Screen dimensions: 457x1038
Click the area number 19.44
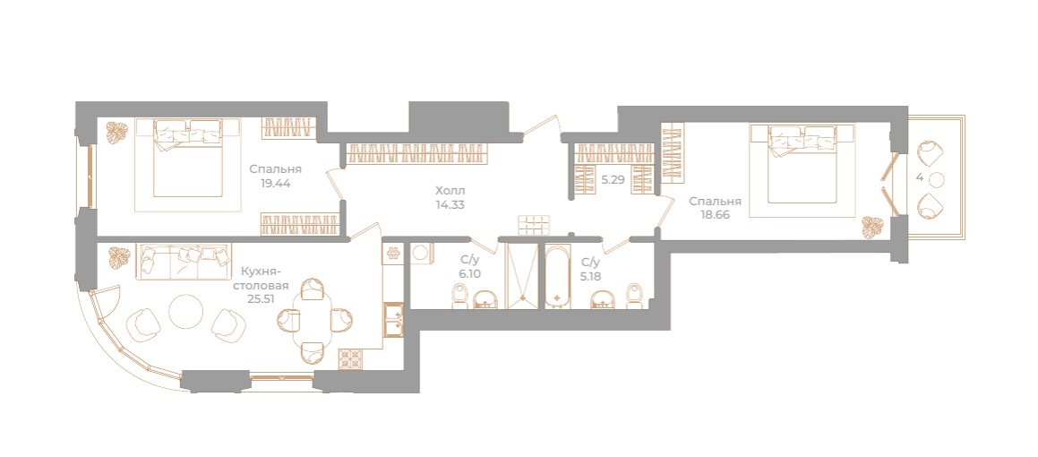click(x=275, y=183)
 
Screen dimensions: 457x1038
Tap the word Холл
click(x=450, y=190)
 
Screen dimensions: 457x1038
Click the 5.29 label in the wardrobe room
click(x=613, y=179)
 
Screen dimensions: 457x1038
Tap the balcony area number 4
click(x=920, y=177)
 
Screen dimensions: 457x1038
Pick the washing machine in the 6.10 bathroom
click(x=419, y=254)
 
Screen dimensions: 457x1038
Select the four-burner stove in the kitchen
click(x=349, y=358)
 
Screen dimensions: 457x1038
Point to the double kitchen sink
click(x=393, y=319)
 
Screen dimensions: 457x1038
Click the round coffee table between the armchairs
click(x=187, y=312)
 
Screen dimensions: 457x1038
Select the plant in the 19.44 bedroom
click(x=115, y=133)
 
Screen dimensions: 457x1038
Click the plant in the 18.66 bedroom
click(x=871, y=227)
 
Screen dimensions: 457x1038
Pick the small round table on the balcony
click(x=937, y=179)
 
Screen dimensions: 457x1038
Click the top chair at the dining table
click(x=313, y=289)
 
